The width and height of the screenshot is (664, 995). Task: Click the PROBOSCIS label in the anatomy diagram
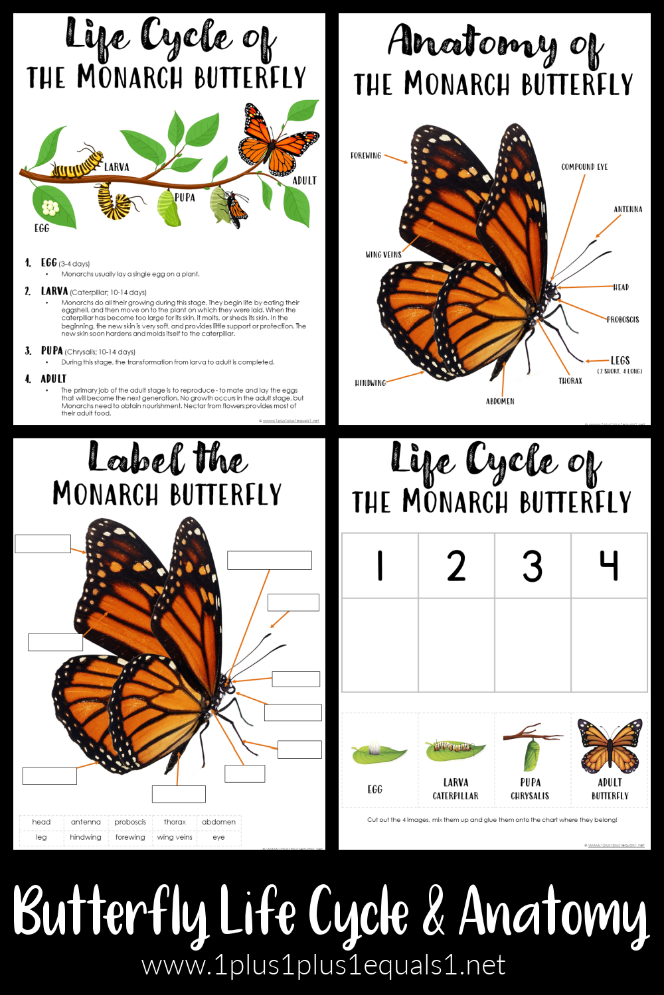(x=622, y=320)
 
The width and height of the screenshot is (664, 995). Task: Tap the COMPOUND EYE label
(x=584, y=167)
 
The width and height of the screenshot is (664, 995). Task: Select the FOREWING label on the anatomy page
(x=366, y=156)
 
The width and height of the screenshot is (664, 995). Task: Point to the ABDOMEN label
(x=500, y=401)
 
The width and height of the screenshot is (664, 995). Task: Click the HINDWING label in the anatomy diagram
(x=370, y=383)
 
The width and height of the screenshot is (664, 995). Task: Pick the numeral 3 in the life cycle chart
(x=532, y=566)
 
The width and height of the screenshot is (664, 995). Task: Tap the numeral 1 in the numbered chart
(x=380, y=566)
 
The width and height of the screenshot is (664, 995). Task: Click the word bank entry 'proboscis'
(x=130, y=822)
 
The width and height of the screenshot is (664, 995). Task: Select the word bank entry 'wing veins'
(x=175, y=837)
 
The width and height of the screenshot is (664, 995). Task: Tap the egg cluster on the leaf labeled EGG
(x=50, y=208)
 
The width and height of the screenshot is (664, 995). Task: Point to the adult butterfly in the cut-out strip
(x=609, y=746)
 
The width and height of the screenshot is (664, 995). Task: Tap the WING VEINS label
(x=383, y=255)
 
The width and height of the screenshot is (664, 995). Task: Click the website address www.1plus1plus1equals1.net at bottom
(x=324, y=966)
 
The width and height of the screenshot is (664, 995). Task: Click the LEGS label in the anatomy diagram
(x=620, y=361)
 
